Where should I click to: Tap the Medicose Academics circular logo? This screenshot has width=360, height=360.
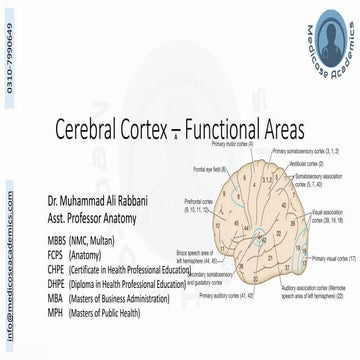[329, 39]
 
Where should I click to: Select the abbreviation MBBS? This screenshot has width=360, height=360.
[57, 242]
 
